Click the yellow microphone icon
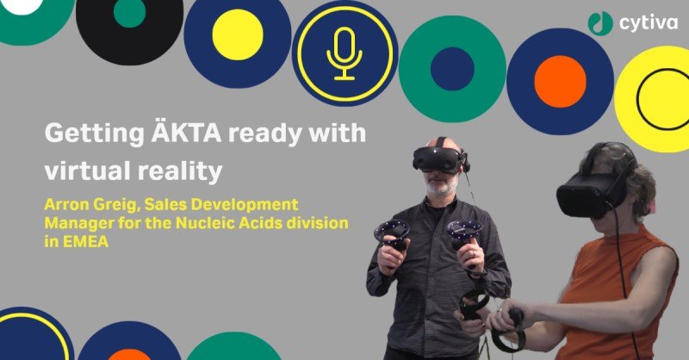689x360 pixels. tap(344, 53)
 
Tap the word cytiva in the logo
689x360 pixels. tap(649, 22)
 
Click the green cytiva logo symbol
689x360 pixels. tap(600, 22)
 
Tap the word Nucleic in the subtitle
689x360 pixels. tap(202, 223)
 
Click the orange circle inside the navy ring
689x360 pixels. tap(560, 82)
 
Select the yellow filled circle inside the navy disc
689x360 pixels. tap(238, 34)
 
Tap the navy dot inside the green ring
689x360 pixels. tap(452, 69)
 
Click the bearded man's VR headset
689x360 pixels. tap(438, 159)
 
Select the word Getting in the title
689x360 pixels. tap(95, 132)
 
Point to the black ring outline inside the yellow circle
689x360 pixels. tap(638, 98)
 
